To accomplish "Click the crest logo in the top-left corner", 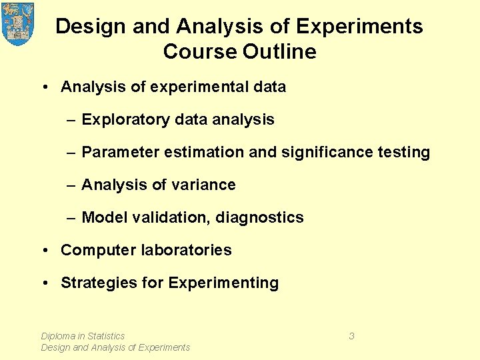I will [18, 24].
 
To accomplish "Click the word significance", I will [323, 152].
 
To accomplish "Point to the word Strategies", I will [99, 283].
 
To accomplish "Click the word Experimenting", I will [223, 283].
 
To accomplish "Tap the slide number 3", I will [351, 336].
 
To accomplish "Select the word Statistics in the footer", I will [106, 336].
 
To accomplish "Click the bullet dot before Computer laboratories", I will [44, 250].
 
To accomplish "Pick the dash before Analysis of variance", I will [71, 185].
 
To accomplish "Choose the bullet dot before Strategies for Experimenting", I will [44, 283].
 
